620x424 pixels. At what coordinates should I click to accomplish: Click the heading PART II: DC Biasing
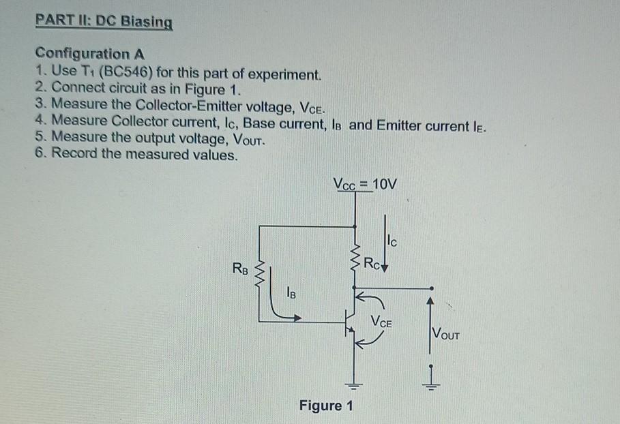[x=104, y=21]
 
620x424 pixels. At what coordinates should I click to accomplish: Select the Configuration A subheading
[x=91, y=53]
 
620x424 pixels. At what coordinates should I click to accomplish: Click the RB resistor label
[x=240, y=267]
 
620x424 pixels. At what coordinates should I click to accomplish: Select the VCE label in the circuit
[x=383, y=322]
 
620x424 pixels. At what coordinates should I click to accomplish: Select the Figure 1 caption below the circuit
[x=326, y=406]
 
